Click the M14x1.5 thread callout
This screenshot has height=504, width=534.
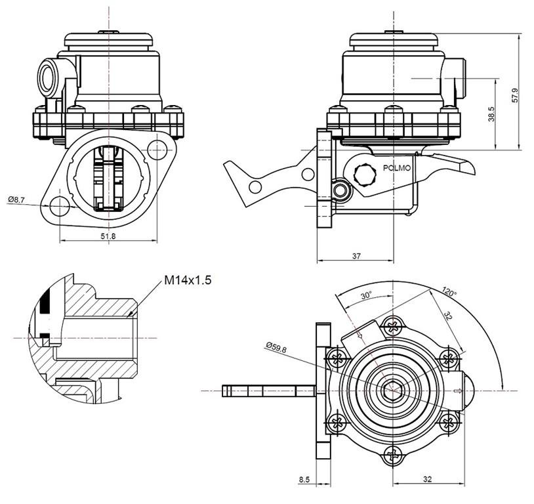click(x=188, y=280)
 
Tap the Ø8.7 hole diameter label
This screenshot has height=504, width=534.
click(x=16, y=198)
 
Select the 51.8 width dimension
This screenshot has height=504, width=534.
click(x=108, y=236)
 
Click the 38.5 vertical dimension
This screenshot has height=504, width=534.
click(x=491, y=114)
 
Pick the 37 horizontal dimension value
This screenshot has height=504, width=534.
click(x=356, y=256)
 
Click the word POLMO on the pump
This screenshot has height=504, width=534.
click(x=398, y=169)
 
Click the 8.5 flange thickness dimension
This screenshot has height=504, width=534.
click(x=304, y=480)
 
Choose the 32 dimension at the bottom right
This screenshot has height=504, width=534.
click(x=427, y=480)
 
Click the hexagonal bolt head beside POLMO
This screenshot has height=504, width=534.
click(x=365, y=175)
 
